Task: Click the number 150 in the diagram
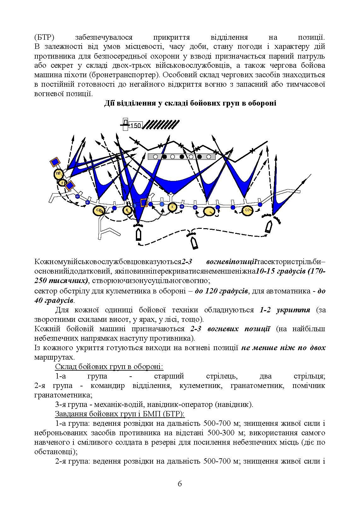(136, 125)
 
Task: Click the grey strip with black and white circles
(182, 157)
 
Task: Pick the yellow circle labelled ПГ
(59, 174)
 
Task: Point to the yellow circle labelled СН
(99, 210)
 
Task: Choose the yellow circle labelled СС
(248, 211)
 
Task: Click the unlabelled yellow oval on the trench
(209, 211)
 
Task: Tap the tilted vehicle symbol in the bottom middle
(194, 243)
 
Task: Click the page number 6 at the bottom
(180, 484)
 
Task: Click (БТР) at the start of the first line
(44, 38)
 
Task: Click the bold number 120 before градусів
(213, 291)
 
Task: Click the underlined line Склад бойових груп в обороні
(109, 367)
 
